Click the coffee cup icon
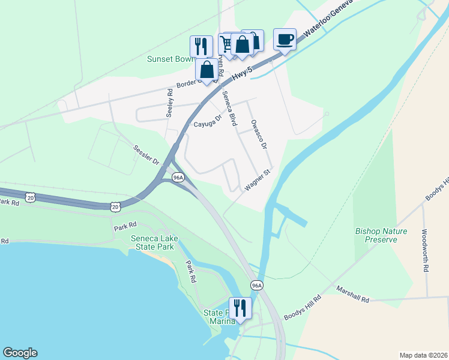(285, 40)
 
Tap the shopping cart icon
(227, 43)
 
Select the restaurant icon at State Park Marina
(240, 308)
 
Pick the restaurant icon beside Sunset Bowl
(201, 46)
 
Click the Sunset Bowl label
(170, 59)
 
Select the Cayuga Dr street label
(208, 122)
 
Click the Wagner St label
(258, 180)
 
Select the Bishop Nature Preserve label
(381, 235)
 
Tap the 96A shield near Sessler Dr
(178, 178)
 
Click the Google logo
(20, 353)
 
